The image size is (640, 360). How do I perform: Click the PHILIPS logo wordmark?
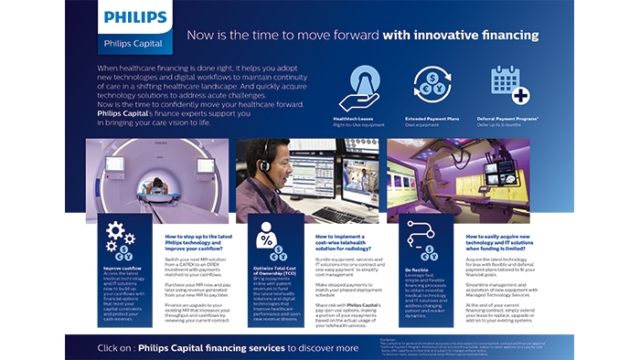point(134,17)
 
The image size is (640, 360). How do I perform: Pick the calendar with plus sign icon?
point(509,84)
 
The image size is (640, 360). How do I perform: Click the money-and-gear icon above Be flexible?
point(409,239)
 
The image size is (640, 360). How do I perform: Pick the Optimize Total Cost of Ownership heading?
point(266,271)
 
